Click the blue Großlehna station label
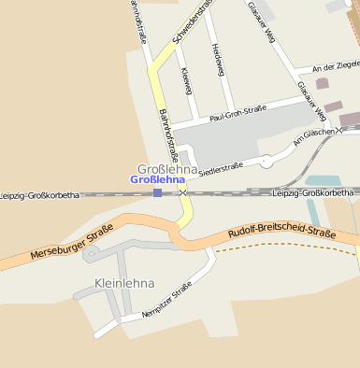[157, 179]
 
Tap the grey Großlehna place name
[166, 169]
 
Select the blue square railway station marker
[157, 193]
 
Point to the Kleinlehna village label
[123, 282]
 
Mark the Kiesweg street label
[186, 81]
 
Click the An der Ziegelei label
[335, 67]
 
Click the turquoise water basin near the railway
[324, 180]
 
